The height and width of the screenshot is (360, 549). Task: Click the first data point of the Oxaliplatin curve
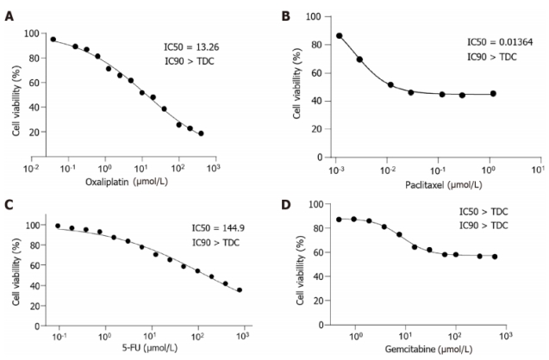click(53, 39)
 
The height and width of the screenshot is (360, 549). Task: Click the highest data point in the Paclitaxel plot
click(339, 36)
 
